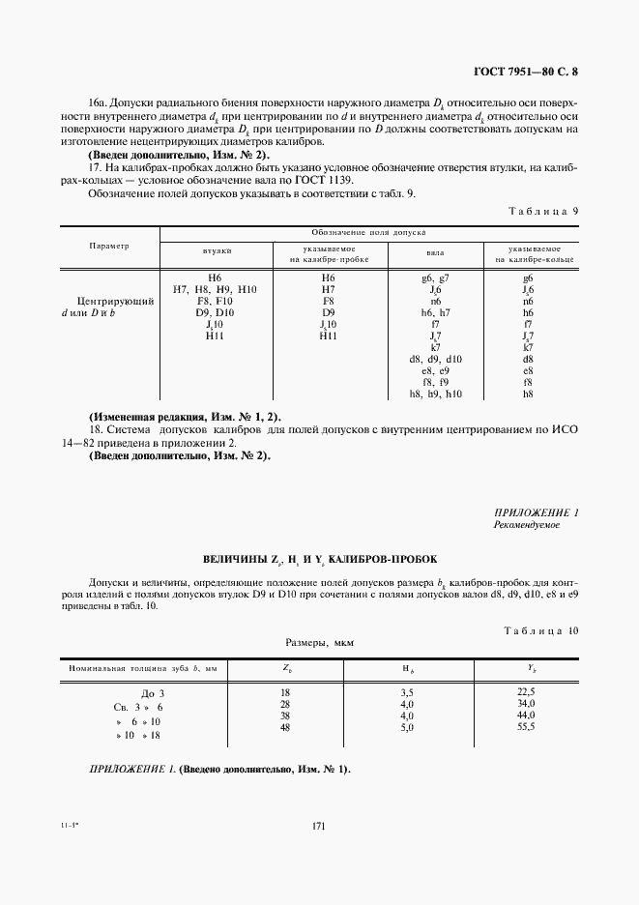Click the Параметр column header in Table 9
(109, 246)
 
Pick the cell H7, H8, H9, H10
(215, 289)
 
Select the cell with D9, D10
(215, 312)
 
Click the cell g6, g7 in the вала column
(435, 277)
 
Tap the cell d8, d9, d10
(435, 360)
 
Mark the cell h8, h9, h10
(435, 394)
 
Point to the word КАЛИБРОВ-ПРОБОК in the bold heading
(377, 559)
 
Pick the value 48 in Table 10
(285, 727)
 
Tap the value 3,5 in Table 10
(407, 692)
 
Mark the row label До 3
(155, 693)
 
